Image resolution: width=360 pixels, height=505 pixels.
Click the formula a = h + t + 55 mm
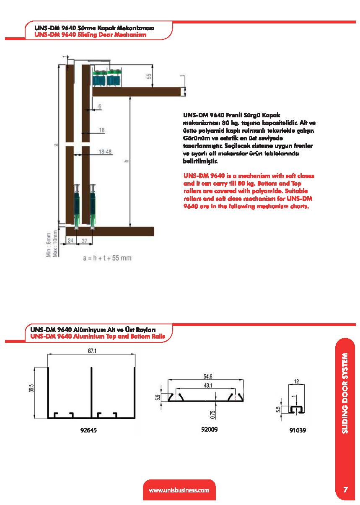click(x=107, y=258)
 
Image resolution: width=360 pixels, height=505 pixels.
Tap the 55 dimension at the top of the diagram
click(x=149, y=76)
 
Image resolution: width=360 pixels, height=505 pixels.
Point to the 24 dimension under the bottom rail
click(x=70, y=241)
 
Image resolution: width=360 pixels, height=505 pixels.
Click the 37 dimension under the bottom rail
click(x=84, y=241)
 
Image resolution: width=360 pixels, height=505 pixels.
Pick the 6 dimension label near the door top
click(x=100, y=107)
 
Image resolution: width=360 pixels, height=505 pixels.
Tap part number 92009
click(x=210, y=429)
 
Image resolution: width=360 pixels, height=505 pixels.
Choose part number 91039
click(x=297, y=430)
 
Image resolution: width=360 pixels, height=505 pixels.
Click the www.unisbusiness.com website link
click(x=179, y=490)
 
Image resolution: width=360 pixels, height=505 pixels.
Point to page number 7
click(x=345, y=490)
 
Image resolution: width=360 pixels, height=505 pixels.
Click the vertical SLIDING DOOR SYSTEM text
click(x=344, y=392)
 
